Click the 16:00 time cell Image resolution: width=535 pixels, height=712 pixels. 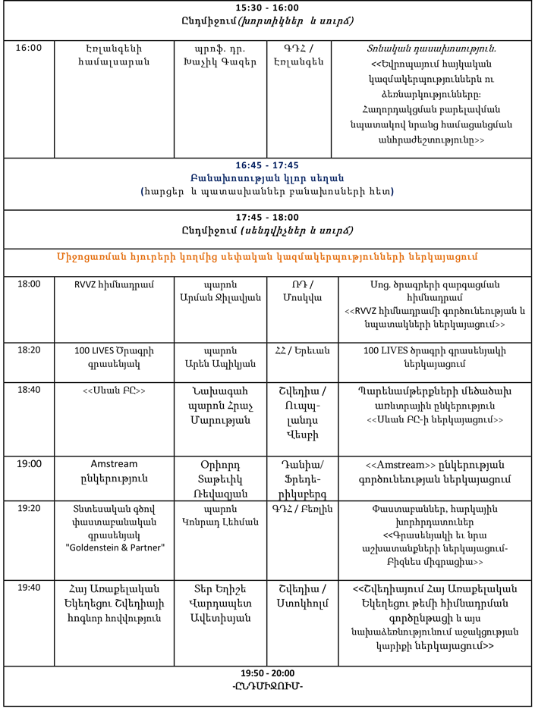tap(28, 48)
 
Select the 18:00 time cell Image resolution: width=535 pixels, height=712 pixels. tap(28, 284)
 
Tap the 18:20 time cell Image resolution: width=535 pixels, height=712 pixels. tap(28, 351)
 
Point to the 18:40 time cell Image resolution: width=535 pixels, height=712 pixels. tap(28, 391)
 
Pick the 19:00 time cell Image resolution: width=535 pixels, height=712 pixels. tap(28, 464)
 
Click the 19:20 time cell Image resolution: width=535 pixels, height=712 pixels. tap(28, 508)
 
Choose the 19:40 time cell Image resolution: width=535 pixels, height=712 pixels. tap(28, 588)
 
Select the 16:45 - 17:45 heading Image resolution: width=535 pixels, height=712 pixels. tap(267, 165)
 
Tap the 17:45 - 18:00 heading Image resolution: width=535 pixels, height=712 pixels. tap(267, 217)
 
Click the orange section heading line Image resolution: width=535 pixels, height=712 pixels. tap(267, 256)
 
